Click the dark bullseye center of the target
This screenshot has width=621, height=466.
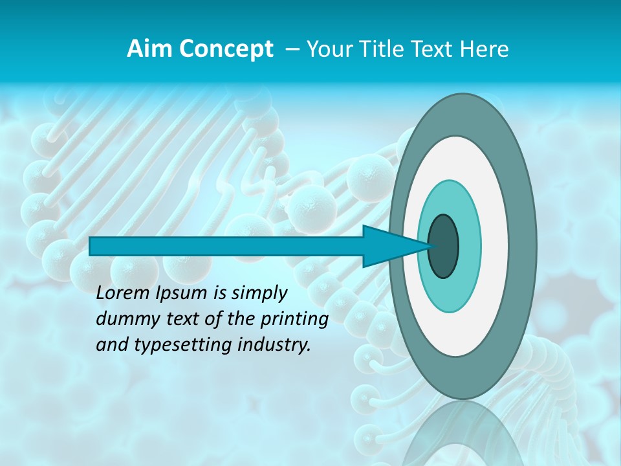coord(443,247)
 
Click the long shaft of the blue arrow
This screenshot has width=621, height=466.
coord(226,247)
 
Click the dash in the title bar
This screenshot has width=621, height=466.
coord(292,49)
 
